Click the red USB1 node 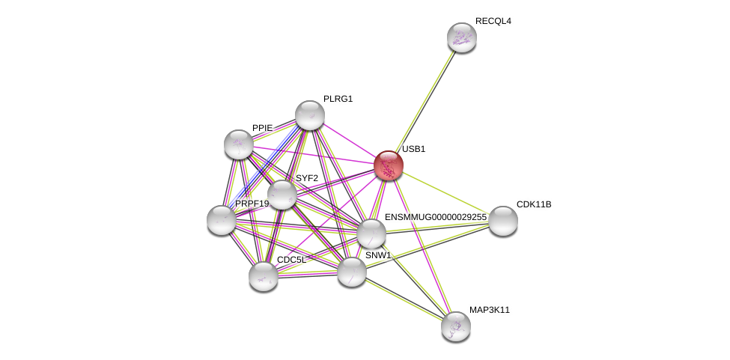[389, 165]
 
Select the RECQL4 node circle [462, 37]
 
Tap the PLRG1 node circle [309, 115]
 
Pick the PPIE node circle [239, 144]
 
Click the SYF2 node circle [282, 195]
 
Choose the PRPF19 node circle [222, 220]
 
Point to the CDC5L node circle [264, 276]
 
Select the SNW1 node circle [352, 271]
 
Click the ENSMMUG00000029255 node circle [371, 234]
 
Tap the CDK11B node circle [503, 221]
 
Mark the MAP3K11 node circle [455, 326]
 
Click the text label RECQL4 [493, 21]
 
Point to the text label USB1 [413, 149]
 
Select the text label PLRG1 [338, 99]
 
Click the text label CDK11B [534, 204]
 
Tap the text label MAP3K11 [490, 310]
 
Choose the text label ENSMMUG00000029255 [435, 217]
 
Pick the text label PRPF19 [252, 204]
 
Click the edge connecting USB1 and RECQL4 [425, 102]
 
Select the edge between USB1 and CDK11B [445, 193]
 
